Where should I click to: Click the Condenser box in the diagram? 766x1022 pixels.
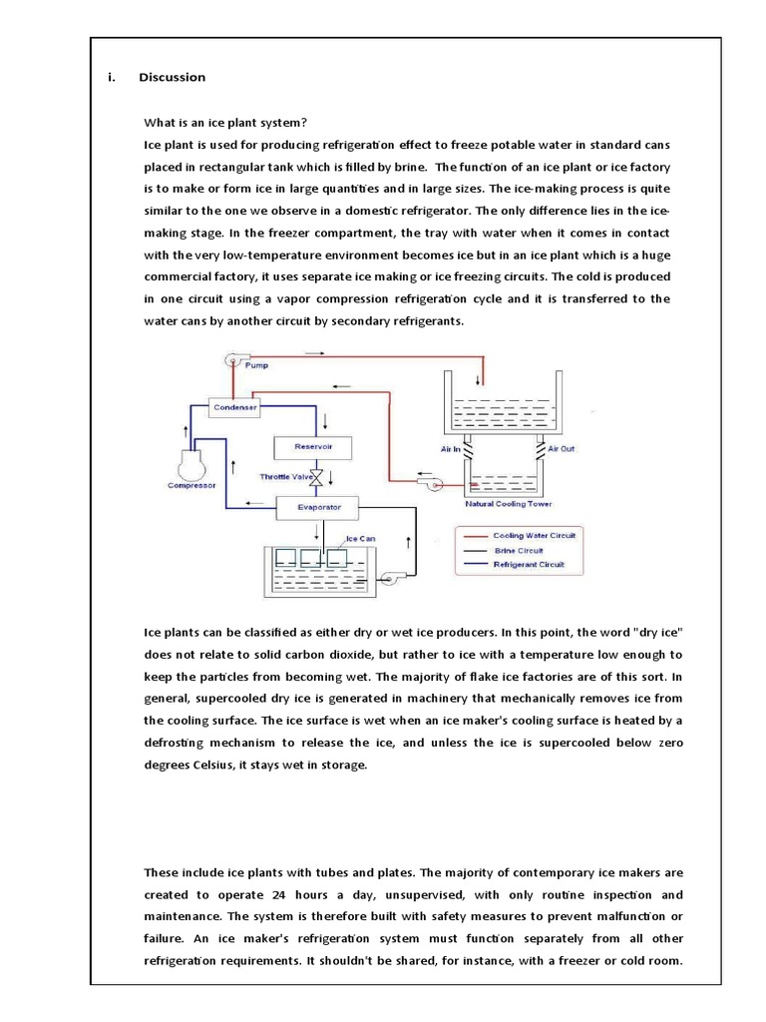[x=235, y=407]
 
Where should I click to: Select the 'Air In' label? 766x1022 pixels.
[x=450, y=450]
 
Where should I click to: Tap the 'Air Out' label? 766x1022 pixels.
[x=561, y=450]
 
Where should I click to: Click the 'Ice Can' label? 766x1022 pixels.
[x=360, y=539]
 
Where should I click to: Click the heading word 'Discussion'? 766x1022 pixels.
[x=173, y=77]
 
